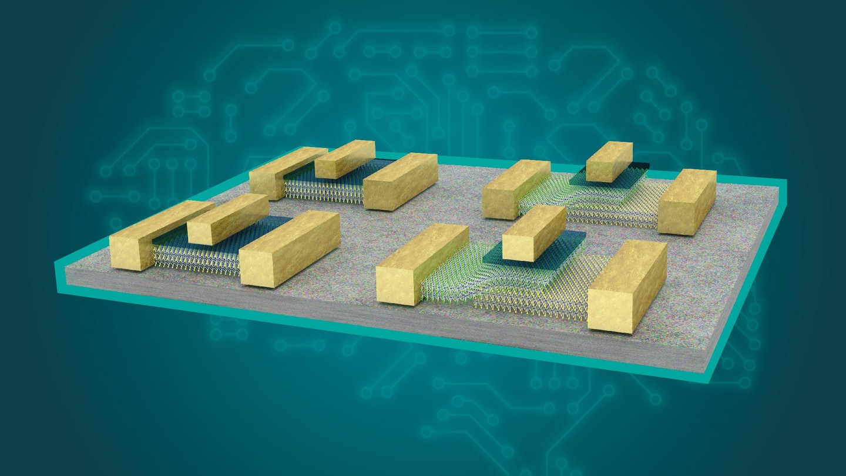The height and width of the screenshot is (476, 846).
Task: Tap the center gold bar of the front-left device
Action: (228, 219)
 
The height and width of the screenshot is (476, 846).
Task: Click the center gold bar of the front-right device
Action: (534, 232)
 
